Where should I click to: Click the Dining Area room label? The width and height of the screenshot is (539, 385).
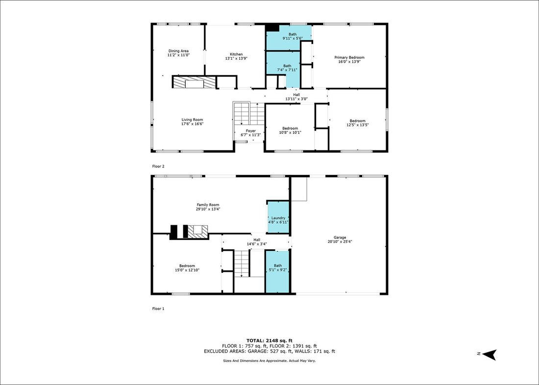tap(178, 51)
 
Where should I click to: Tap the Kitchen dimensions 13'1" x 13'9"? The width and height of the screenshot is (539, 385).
tap(236, 58)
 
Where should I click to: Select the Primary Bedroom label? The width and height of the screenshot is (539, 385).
tap(349, 57)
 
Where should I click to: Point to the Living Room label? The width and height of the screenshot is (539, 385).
tap(192, 120)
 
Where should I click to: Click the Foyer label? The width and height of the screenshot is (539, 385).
tap(250, 131)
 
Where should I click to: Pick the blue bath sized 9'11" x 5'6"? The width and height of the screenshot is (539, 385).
tap(290, 38)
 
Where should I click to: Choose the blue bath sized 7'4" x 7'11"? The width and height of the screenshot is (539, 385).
tap(284, 69)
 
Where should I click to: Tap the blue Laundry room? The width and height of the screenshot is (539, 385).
tap(278, 217)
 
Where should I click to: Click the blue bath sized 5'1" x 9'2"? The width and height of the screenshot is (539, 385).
tap(277, 271)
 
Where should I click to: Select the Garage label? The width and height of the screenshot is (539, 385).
tap(340, 237)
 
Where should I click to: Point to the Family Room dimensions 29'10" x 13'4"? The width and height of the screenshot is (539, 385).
tap(208, 209)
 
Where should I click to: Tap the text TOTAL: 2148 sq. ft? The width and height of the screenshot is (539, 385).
tap(269, 340)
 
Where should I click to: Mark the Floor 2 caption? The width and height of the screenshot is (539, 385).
tap(158, 167)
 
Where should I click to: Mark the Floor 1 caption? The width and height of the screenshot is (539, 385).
tap(158, 309)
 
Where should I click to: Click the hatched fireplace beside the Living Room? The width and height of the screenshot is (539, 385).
tap(194, 82)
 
